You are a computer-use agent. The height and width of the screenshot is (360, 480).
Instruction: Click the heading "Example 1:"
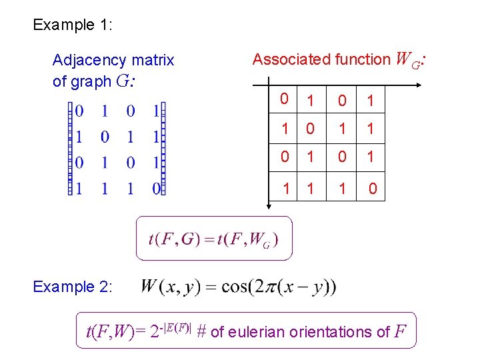point(73,25)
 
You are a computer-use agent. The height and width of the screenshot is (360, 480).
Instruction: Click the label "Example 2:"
point(73,287)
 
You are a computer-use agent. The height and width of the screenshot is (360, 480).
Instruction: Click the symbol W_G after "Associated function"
point(407,60)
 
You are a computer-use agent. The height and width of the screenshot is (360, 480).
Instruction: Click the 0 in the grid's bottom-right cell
point(373,189)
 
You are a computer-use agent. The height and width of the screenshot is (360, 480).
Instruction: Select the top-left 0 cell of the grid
point(284,100)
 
